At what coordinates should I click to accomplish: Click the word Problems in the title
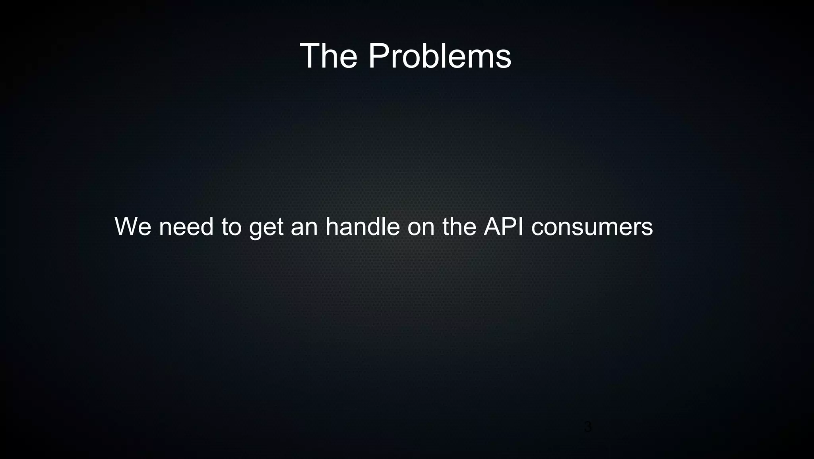coord(440,56)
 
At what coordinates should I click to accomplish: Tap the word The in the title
coord(328,56)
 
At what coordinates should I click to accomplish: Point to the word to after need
coord(231,227)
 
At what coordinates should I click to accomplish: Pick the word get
coord(266,228)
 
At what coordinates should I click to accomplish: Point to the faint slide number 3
coord(587,427)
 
